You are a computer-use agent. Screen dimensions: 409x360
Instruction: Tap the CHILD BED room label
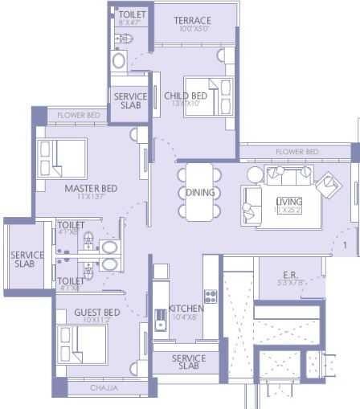187,96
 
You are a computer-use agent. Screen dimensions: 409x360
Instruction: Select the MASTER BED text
91,188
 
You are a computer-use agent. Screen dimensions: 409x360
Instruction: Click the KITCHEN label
186,309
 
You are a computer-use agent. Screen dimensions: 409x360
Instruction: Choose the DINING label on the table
200,193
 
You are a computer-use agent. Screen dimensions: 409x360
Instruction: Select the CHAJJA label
103,388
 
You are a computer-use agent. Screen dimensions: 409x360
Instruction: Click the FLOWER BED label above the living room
297,152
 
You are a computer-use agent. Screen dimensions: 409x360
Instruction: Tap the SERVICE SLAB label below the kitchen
189,362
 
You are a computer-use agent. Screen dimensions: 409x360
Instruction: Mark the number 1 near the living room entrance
344,244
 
